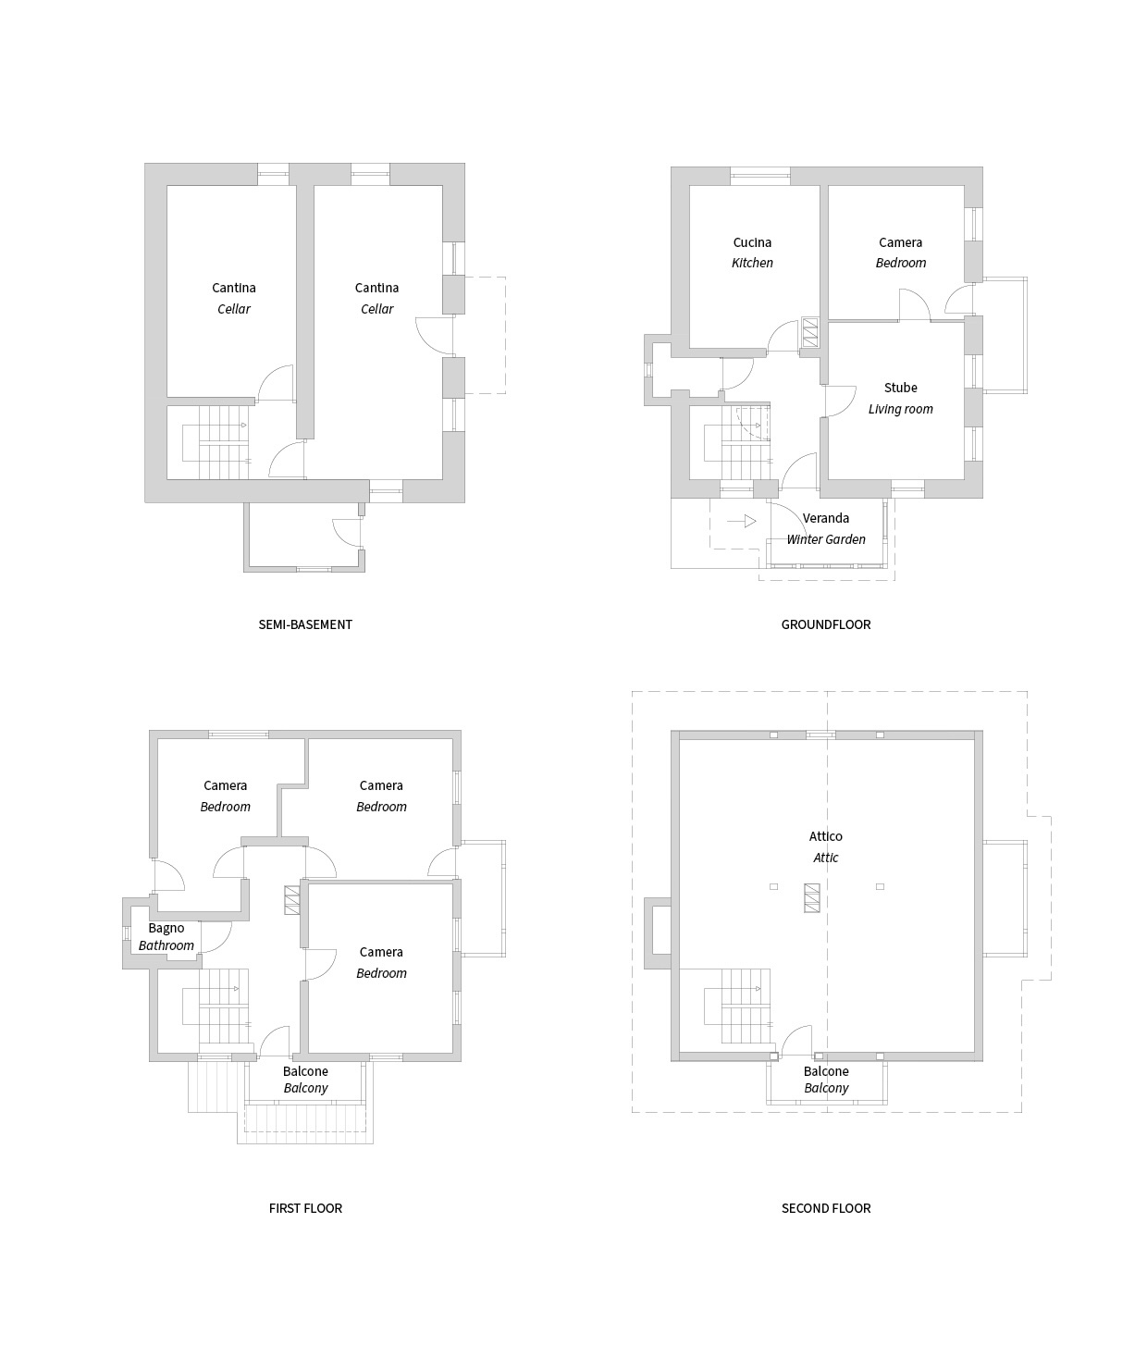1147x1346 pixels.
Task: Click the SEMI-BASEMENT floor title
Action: (x=305, y=624)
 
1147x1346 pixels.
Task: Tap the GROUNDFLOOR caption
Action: (x=825, y=624)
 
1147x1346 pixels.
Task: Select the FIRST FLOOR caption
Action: (x=305, y=1208)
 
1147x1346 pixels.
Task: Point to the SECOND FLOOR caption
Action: (x=826, y=1208)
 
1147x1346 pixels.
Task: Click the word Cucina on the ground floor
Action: (x=752, y=242)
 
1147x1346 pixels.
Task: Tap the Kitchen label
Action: (x=752, y=263)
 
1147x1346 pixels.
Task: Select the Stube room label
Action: (x=900, y=388)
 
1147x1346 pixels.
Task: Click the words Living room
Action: (x=900, y=409)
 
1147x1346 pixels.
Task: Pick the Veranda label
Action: (x=825, y=518)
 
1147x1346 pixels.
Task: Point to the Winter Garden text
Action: (x=825, y=539)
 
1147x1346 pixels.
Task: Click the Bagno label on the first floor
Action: (x=166, y=928)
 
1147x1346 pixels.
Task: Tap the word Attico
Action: (x=825, y=836)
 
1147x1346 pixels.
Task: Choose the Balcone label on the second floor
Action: (x=826, y=1071)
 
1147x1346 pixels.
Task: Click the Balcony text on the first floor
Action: (x=305, y=1088)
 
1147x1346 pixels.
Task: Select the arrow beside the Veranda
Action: (x=742, y=521)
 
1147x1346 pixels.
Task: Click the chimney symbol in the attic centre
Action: (x=812, y=898)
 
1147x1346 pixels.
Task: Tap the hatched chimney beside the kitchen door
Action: (x=809, y=332)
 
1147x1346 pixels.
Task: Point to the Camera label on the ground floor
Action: (x=900, y=242)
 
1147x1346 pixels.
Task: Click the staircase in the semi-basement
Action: (x=216, y=443)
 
